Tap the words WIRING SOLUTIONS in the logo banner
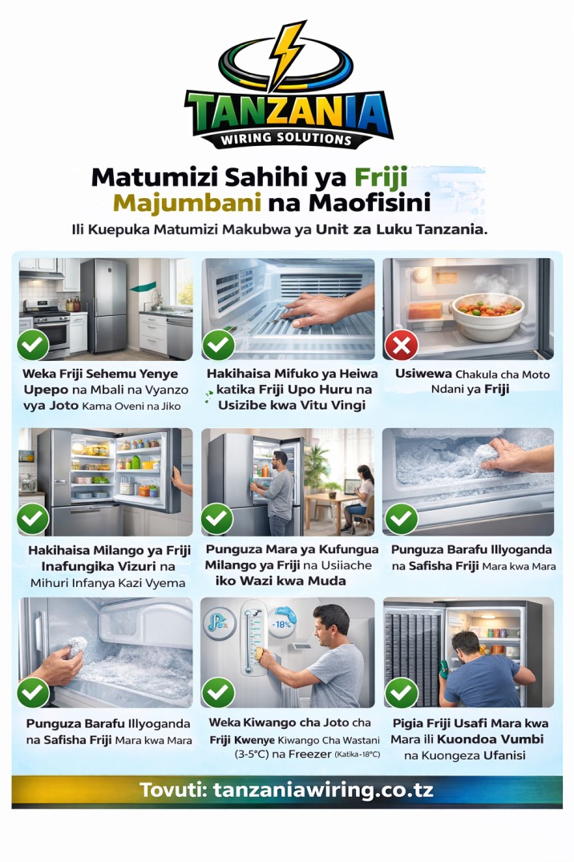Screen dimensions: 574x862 286,139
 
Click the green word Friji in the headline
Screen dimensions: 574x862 381,177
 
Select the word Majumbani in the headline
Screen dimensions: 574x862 187,203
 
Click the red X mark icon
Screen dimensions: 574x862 402,345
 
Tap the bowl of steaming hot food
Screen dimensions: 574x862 486,316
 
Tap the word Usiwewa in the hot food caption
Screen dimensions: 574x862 423,374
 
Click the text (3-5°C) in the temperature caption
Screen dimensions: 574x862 251,755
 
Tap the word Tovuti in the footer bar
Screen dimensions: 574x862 173,790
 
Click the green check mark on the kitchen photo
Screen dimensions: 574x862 33,345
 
